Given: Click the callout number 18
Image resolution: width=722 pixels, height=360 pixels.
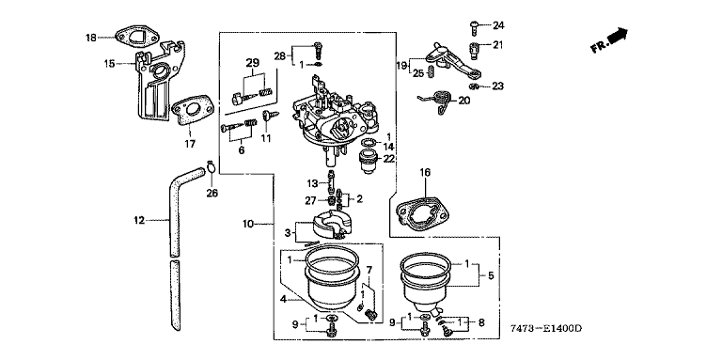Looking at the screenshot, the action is coord(91,38).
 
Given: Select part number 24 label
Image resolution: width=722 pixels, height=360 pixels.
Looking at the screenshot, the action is coord(498,25).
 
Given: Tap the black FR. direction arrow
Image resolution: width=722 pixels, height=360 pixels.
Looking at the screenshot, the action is coord(618,36).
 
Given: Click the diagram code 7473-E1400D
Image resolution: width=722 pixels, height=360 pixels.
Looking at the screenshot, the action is coord(546,329).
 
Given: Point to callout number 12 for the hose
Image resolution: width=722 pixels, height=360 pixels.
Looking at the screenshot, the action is coord(139,221).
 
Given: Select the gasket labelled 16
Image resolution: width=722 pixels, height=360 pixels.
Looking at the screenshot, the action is coord(422,212).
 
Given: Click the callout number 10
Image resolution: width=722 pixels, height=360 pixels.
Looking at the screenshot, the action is coord(248,225).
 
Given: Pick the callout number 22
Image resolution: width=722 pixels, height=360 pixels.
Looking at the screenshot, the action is coord(389,158).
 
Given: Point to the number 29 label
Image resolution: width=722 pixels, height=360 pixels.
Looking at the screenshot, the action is coord(253,63).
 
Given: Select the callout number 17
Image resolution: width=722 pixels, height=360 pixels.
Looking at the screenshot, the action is coord(190,145).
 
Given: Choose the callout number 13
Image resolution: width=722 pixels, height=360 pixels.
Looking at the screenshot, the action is coord(313,183).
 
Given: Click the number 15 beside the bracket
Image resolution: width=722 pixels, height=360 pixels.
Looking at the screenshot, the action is coord(109,64).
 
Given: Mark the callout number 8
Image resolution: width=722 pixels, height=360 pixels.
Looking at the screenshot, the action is coord(481,322).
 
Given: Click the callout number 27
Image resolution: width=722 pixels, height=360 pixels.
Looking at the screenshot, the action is coord(310,200).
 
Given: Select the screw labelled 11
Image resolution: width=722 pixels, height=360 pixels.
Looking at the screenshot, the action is coord(267,116).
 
